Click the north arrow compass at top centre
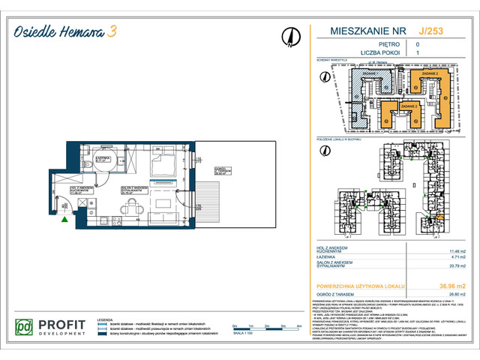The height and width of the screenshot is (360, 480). (x=289, y=36)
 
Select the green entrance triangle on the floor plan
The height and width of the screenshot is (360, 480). (x=67, y=220)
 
